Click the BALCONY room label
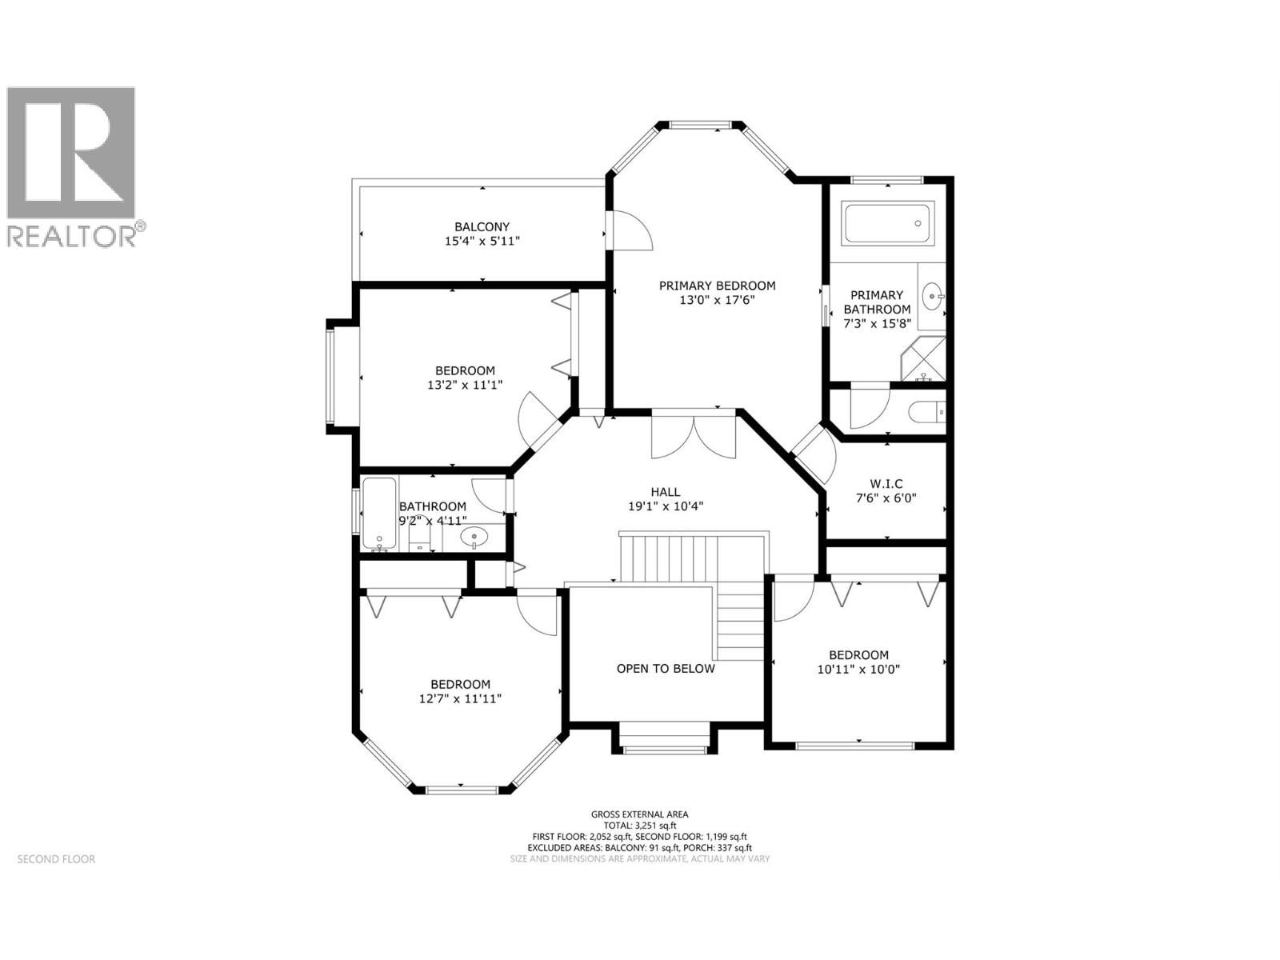point(482,226)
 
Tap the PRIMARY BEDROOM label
point(717,286)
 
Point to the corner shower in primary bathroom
point(924,358)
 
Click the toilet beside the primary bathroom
point(927,413)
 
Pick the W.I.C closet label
point(886,483)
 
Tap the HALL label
point(665,492)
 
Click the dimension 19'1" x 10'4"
point(665,506)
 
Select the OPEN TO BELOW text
point(665,669)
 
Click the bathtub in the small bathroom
point(378,514)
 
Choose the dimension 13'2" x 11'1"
point(465,385)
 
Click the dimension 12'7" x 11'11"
point(460,698)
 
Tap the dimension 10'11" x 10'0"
point(858,670)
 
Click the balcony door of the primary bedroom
point(629,230)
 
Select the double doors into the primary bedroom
point(694,436)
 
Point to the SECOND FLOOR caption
point(56,859)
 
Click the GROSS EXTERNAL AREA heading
point(640,814)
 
